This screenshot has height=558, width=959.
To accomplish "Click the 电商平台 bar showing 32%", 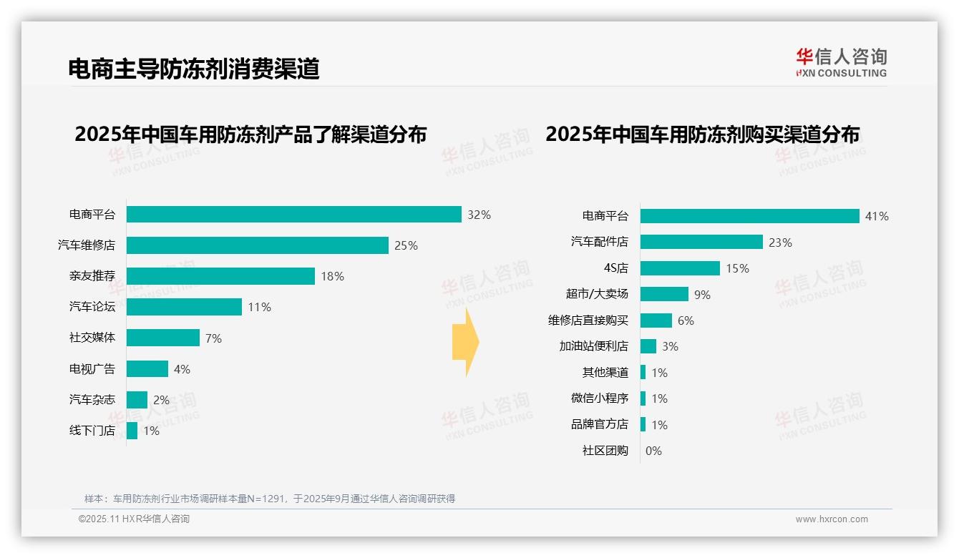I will (293, 215).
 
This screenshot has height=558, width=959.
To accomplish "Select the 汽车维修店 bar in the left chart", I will (258, 245).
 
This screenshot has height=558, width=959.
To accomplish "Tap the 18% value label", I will (332, 276).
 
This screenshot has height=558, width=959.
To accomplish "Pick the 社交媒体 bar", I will (163, 338).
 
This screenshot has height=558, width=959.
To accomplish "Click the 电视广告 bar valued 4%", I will (147, 368).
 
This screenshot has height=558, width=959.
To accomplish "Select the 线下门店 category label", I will (92, 431).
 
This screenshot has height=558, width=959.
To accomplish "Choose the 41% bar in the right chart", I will (749, 216).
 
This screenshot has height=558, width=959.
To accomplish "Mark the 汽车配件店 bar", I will (701, 242).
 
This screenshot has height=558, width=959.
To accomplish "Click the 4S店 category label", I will (615, 268).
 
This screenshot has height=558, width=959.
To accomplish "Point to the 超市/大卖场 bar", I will (664, 294).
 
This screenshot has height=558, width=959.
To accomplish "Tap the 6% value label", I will (686, 320).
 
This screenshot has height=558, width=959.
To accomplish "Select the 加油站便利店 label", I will (593, 346).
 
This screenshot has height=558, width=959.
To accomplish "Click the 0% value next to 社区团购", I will (653, 451).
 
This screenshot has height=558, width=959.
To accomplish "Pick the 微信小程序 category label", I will (599, 398).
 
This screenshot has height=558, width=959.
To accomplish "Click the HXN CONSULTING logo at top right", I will (841, 62).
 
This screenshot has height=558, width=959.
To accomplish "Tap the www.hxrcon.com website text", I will (832, 519).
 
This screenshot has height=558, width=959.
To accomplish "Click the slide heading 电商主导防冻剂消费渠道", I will (193, 69).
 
